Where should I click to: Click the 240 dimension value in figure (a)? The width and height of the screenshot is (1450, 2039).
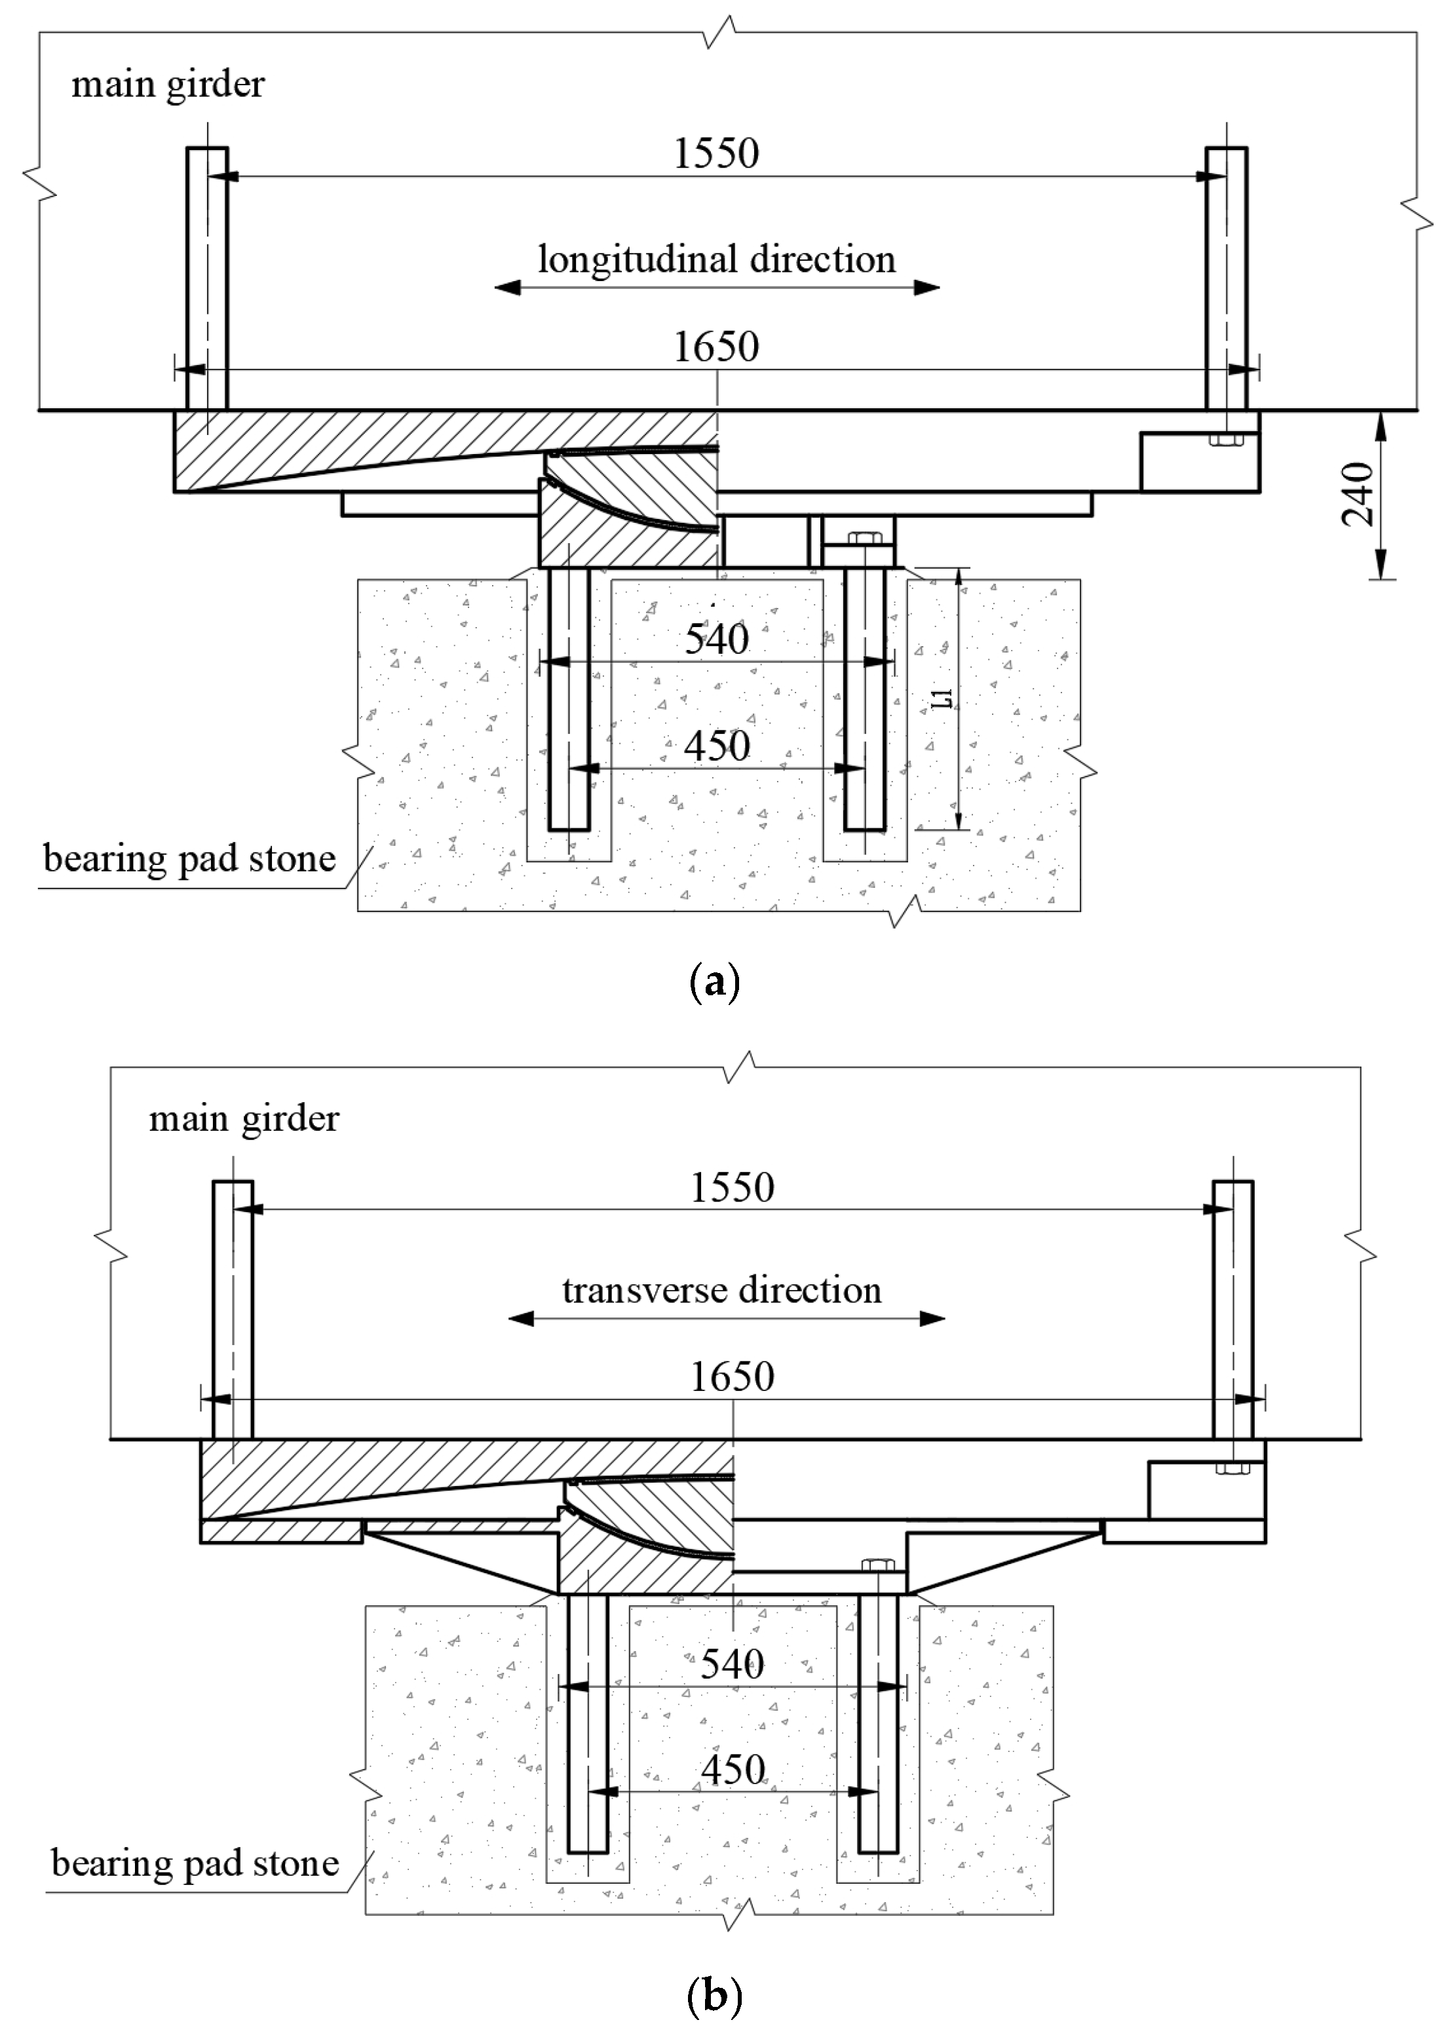click(x=1357, y=495)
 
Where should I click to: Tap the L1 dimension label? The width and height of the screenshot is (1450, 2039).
click(x=943, y=698)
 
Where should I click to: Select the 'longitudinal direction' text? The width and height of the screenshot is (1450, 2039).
click(x=716, y=259)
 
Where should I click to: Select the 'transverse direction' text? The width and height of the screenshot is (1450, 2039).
click(x=721, y=1291)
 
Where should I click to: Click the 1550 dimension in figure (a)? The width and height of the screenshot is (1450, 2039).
click(x=716, y=153)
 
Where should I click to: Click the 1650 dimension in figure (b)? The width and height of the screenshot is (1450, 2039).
click(x=732, y=1377)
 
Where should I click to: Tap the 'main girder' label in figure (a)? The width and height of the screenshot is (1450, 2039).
click(x=168, y=85)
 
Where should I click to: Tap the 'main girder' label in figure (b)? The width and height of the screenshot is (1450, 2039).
click(x=244, y=1118)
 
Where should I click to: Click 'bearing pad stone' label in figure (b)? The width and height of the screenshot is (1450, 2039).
click(x=195, y=1864)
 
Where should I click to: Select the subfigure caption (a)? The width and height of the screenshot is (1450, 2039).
click(x=715, y=982)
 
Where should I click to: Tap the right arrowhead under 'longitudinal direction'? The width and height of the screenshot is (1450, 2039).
click(x=926, y=288)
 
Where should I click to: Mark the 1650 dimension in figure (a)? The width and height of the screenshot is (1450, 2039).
click(x=716, y=347)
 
